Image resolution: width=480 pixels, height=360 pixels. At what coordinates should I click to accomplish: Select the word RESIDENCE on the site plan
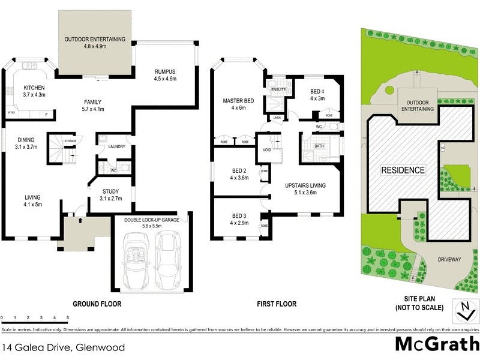click(x=404, y=170)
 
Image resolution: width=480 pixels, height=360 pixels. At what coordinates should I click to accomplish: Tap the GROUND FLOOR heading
click(x=97, y=304)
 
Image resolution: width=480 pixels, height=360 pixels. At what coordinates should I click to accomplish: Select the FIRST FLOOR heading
click(x=277, y=304)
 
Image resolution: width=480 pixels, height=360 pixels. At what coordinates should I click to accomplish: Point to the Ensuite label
click(x=278, y=90)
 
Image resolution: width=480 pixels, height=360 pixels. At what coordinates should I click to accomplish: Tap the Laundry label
click(x=116, y=146)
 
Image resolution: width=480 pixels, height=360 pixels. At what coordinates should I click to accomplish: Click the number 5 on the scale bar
click(x=68, y=317)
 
